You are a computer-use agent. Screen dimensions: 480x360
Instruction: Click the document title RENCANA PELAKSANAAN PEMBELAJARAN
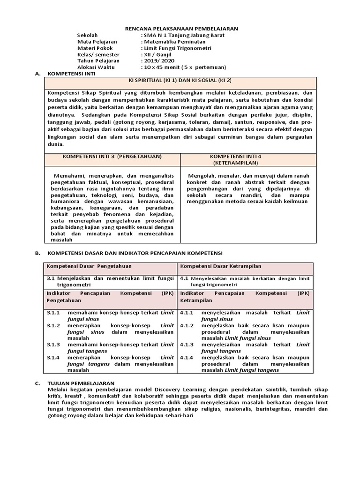(x=181, y=29)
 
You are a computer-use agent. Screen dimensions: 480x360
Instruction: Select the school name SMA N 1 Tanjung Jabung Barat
(x=184, y=35)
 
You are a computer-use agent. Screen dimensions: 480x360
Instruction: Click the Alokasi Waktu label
(x=95, y=67)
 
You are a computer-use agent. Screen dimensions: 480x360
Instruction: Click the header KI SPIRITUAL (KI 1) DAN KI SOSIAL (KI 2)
(x=180, y=81)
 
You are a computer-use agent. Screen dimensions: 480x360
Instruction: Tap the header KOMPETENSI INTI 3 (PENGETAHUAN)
(x=112, y=156)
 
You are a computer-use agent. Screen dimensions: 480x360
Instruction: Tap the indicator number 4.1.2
(x=187, y=325)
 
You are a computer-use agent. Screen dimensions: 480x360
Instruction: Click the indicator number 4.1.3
(x=187, y=345)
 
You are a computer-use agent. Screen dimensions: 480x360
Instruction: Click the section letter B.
(x=37, y=253)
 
